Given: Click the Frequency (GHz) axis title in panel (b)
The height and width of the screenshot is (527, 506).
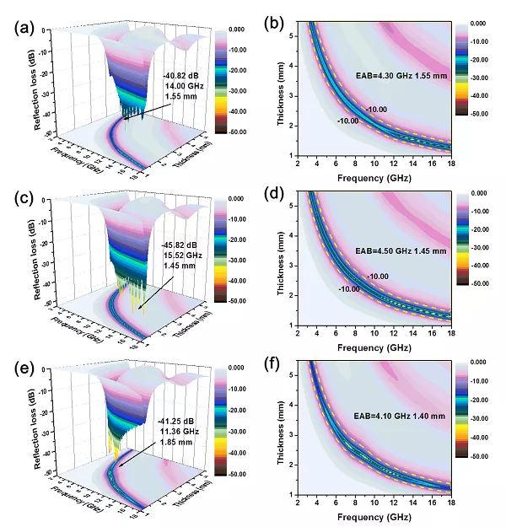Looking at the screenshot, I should [x=372, y=178].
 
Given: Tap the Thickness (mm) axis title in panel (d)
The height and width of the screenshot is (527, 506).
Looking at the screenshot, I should [x=280, y=260].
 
